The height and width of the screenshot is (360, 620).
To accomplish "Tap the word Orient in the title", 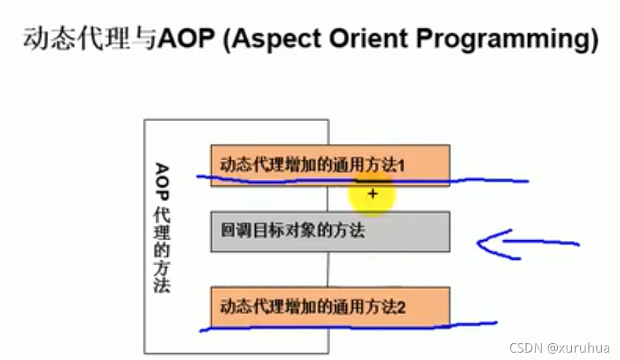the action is point(366,39).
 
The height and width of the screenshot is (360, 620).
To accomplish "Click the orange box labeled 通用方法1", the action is point(330,164).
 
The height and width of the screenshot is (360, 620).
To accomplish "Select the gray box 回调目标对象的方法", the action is point(330,231).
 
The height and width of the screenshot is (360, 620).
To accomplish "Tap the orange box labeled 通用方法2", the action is point(330,307).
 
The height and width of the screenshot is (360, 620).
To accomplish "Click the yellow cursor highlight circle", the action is point(372,194).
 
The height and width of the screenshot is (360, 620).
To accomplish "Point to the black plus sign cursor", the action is point(372,194).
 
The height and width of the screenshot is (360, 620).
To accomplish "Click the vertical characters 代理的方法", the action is point(161,254).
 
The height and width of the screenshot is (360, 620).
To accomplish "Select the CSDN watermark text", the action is point(523,348).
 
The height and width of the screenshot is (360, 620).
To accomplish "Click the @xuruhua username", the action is point(579,348).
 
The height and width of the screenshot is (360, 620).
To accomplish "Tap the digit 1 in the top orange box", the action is point(401,164).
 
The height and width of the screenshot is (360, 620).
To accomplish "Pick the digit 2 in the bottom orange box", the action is point(401,307).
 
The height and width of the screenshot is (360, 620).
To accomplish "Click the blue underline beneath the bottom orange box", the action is point(349,328).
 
